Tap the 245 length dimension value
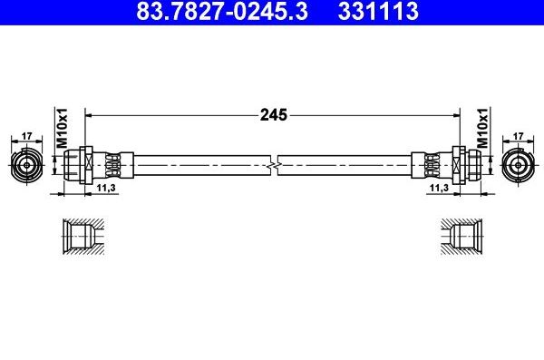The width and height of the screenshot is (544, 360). click(274, 115)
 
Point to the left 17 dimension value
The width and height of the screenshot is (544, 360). click(26, 136)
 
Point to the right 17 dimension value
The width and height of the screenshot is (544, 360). click(518, 136)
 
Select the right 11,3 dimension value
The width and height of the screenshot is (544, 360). click(439, 187)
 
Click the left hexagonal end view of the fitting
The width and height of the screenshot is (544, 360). click(26, 165)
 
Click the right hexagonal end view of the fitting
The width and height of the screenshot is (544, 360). click(518, 165)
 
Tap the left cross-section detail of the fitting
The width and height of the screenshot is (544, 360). click(83, 238)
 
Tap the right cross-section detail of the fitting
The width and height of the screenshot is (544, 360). click(461, 238)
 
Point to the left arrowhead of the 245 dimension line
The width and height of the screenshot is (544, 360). click(89, 116)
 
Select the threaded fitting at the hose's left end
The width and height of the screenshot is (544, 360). click(77, 165)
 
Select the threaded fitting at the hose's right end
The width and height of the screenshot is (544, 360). click(467, 165)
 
